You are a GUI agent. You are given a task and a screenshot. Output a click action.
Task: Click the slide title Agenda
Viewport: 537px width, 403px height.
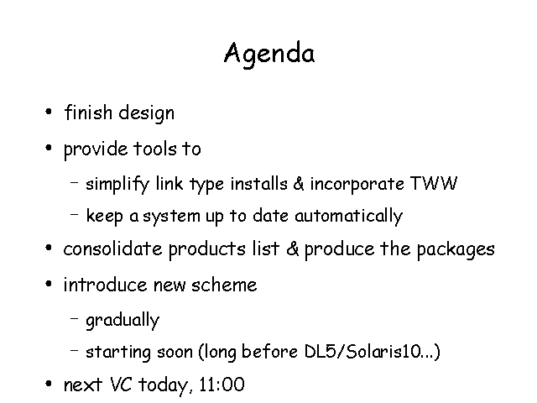[269, 54]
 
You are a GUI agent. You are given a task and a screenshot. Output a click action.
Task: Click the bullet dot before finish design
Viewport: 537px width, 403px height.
[49, 112]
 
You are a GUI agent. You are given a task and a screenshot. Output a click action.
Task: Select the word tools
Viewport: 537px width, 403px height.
[154, 149]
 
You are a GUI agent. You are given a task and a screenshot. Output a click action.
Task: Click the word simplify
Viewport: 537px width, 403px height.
[117, 184]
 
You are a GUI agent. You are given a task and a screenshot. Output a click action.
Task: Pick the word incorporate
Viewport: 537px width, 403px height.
[357, 185]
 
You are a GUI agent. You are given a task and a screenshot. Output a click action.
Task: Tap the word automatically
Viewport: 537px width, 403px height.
[349, 217]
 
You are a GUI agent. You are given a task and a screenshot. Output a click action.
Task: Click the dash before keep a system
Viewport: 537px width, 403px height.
[75, 215]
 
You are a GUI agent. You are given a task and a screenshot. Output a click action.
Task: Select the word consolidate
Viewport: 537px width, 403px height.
[112, 249]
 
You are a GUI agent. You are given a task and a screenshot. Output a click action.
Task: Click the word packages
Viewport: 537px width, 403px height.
[456, 250]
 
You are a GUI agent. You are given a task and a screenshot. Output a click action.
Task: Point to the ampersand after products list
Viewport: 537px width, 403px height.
[293, 249]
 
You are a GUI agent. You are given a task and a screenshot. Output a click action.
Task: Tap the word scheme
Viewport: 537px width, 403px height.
[224, 285]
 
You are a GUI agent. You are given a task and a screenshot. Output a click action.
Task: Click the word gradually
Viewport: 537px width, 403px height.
[123, 321]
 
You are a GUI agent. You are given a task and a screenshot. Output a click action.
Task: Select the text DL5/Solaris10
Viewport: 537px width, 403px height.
[362, 352]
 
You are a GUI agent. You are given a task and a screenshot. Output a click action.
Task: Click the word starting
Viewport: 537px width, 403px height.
[118, 353]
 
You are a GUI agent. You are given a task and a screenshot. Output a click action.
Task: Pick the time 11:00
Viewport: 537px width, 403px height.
[222, 385]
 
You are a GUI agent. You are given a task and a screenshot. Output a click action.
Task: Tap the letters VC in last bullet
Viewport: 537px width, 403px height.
[121, 385]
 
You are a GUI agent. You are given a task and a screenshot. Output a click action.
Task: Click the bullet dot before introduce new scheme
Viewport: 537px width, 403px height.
[49, 284]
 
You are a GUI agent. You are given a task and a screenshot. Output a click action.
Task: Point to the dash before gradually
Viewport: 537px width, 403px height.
[75, 318]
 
